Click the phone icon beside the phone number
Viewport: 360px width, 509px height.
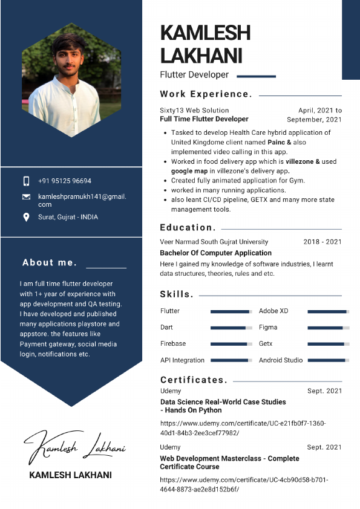pos(26,181)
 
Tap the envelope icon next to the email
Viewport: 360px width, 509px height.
pos(26,197)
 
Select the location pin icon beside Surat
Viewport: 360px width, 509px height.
pos(26,217)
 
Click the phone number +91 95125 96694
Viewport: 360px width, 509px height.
pos(65,181)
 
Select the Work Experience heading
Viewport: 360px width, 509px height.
pos(206,94)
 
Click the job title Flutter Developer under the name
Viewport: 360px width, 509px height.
pos(194,75)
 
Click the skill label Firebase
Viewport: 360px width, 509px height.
pos(173,343)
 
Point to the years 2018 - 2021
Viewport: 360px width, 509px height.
pos(322,242)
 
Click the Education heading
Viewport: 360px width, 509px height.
pos(188,228)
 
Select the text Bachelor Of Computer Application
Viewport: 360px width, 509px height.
pos(215,253)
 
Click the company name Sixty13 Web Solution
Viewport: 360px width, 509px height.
pos(194,111)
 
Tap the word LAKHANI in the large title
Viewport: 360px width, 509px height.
pos(201,55)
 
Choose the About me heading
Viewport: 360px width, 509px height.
pos(50,262)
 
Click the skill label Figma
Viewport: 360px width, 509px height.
pos(268,327)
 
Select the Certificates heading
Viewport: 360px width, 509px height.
pos(194,380)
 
